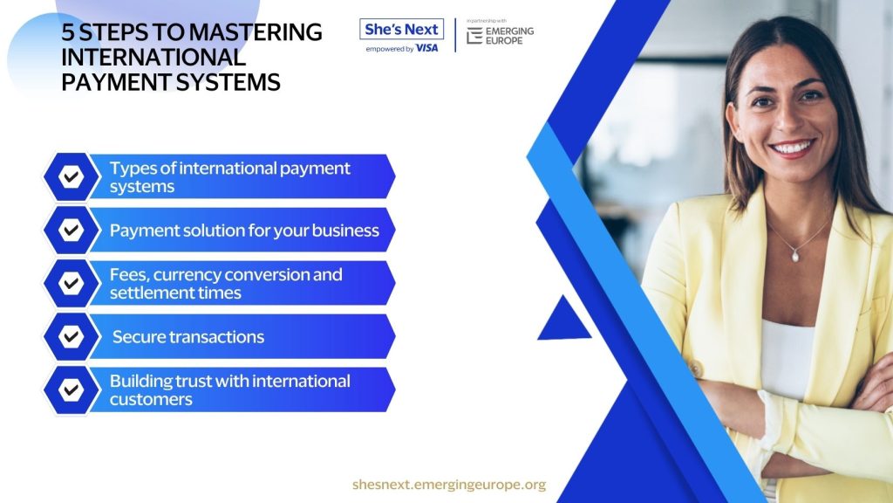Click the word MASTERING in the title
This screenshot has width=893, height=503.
pos(256,32)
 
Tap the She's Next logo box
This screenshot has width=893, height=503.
pos(401,29)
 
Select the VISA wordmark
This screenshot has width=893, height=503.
pos(426,49)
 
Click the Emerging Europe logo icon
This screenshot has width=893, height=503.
pos(474,35)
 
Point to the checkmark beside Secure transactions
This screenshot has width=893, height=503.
pos(72,336)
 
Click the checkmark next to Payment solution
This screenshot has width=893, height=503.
pos(72,230)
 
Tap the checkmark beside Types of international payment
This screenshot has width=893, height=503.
pos(72,176)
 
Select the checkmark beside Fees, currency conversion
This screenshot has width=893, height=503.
pos(72,283)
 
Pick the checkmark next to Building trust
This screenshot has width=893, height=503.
pos(72,390)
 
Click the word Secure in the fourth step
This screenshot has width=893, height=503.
pos(140,337)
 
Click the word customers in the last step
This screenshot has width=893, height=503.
pos(151,399)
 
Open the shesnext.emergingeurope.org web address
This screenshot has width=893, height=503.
pos(449,484)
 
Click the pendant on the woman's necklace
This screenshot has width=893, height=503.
pos(795,256)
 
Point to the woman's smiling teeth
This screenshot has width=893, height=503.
pos(792,148)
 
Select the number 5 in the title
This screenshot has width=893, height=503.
pos(68,32)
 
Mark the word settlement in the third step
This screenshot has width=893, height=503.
pos(147,293)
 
